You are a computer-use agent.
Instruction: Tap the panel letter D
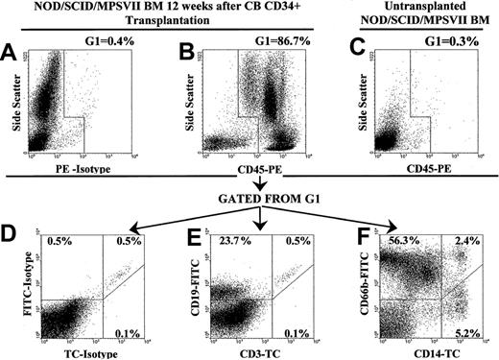(12, 228)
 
